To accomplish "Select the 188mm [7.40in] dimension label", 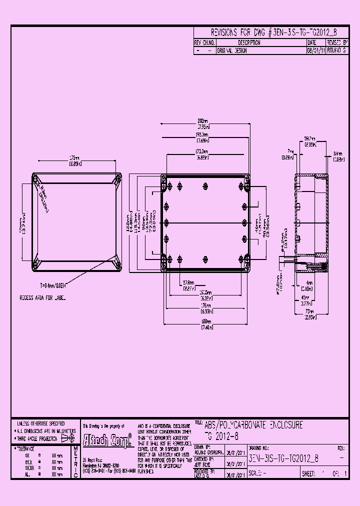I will tap(206, 324).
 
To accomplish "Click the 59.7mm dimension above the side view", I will tap(310, 140).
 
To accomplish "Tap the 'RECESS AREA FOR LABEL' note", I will tap(42, 298).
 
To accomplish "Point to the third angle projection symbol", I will tap(69, 436).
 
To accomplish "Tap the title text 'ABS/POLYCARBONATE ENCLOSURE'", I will tap(253, 425).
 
